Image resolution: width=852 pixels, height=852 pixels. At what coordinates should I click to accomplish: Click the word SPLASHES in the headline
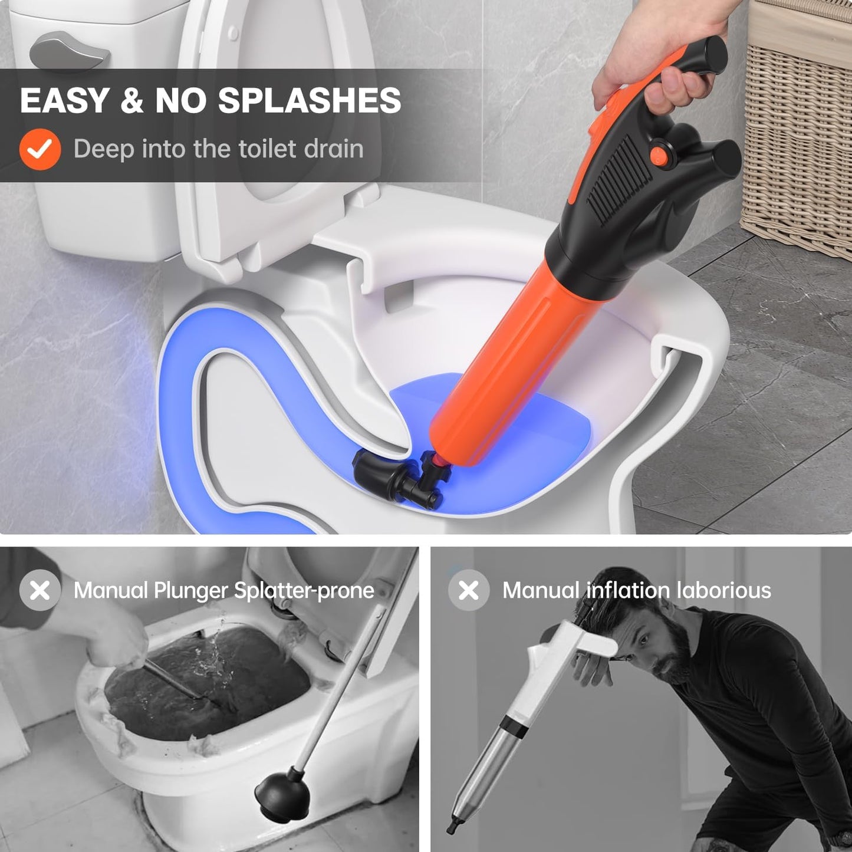point(310,100)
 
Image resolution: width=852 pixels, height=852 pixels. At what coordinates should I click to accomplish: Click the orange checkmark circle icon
point(40,149)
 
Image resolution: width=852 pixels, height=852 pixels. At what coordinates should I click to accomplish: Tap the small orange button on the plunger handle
point(659,155)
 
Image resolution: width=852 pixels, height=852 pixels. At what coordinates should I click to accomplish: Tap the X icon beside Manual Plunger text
point(40,590)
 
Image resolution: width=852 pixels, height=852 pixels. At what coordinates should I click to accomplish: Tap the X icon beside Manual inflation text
point(469,590)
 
